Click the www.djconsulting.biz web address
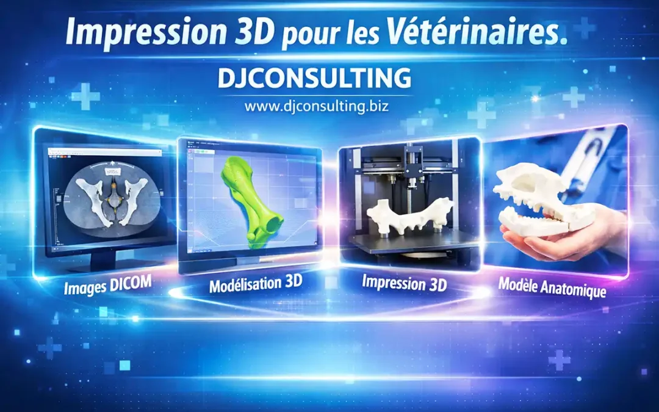pos(316,106)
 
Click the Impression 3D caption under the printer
pos(404,283)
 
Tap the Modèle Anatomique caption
pos(552,287)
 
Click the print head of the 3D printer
pos(415,165)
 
